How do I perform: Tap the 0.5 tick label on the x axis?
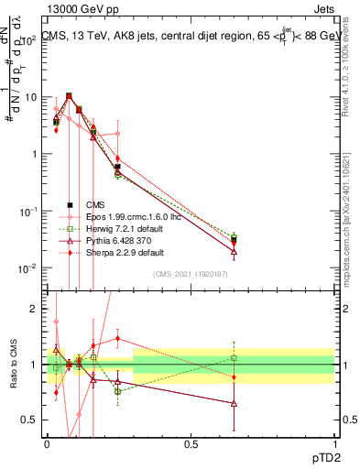pyautogui.click(x=191, y=443)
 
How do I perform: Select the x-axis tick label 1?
pyautogui.click(x=333, y=443)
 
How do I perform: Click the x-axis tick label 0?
pyautogui.click(x=48, y=443)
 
